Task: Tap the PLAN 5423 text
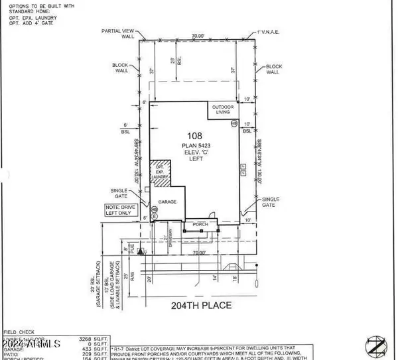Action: tap(195, 145)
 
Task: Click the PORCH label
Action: tap(200, 225)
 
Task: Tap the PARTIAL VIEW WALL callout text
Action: tap(119, 34)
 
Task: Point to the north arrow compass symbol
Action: tap(376, 345)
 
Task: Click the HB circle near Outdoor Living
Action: tap(234, 123)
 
